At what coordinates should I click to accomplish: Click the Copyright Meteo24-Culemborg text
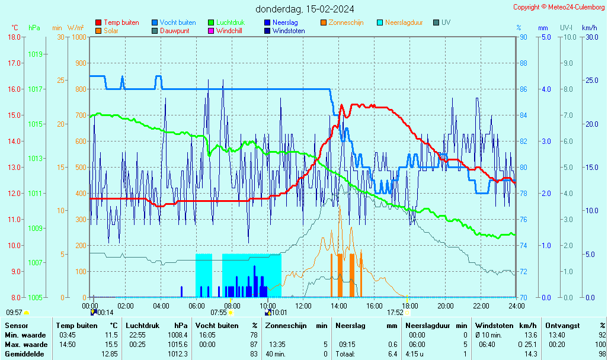559,7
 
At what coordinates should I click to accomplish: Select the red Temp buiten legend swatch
98,22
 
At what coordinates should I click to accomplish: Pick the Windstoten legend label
289,31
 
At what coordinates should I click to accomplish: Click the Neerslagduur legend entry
404,22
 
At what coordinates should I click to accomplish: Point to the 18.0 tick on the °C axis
14,37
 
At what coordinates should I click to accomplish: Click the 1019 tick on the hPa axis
35,54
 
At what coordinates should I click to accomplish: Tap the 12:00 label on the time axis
303,306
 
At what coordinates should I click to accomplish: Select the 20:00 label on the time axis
445,306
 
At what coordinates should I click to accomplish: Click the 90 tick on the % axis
523,37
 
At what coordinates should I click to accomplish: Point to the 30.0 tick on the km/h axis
590,37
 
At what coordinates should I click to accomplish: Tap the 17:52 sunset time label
395,312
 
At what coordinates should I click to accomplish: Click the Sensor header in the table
16,325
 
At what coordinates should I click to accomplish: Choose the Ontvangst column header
562,325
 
